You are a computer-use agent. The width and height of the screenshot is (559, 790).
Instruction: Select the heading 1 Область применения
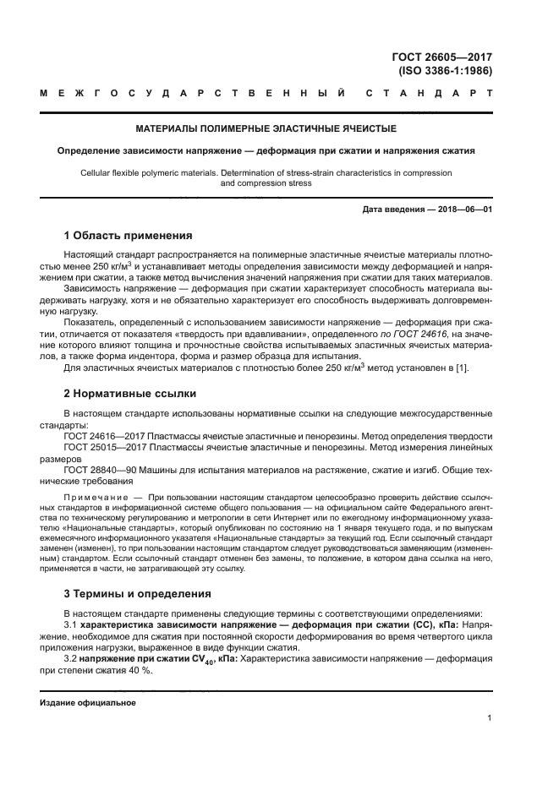[128, 236]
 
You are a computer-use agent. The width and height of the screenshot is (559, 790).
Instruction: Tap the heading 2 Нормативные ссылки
[130, 394]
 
